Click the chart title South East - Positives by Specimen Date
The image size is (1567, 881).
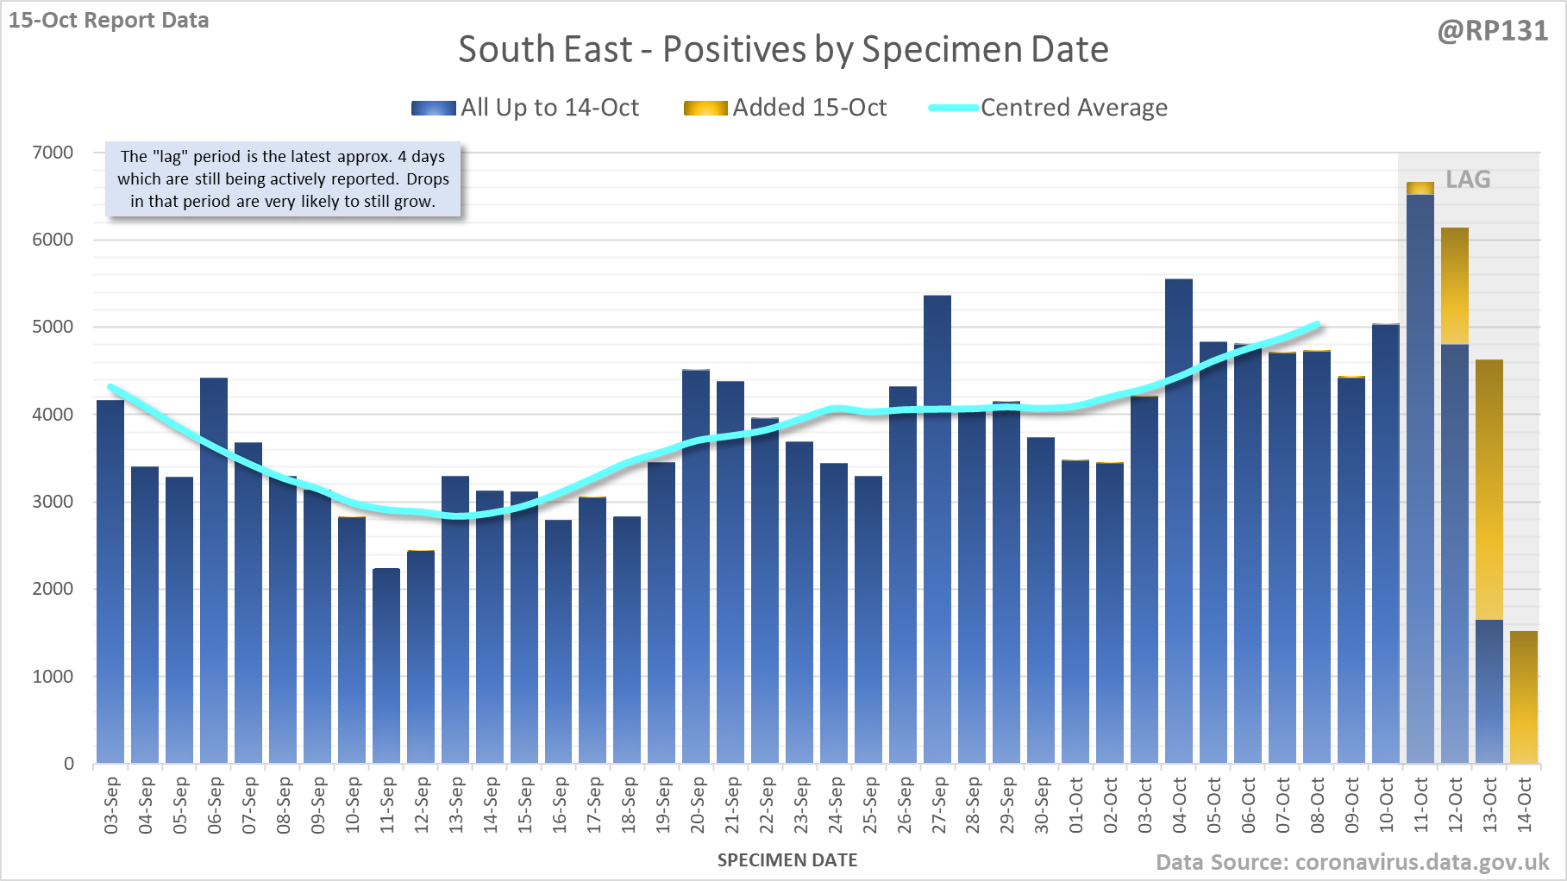click(783, 49)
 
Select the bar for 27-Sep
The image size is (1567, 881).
click(937, 529)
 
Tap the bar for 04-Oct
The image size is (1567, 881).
click(1179, 521)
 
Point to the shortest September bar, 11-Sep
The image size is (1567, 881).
click(386, 665)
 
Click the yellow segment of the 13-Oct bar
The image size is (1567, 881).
click(1489, 490)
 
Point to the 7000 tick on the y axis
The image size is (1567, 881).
click(53, 153)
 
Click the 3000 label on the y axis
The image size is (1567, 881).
click(53, 502)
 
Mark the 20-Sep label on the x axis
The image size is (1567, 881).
click(697, 805)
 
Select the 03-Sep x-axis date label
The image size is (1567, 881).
click(111, 805)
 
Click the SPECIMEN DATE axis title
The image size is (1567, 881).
click(787, 860)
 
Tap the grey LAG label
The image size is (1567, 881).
click(1468, 179)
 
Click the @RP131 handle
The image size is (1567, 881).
click(1492, 31)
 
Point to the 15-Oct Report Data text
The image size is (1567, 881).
click(109, 20)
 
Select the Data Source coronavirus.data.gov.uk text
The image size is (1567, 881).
click(1352, 862)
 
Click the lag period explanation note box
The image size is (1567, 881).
click(283, 179)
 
